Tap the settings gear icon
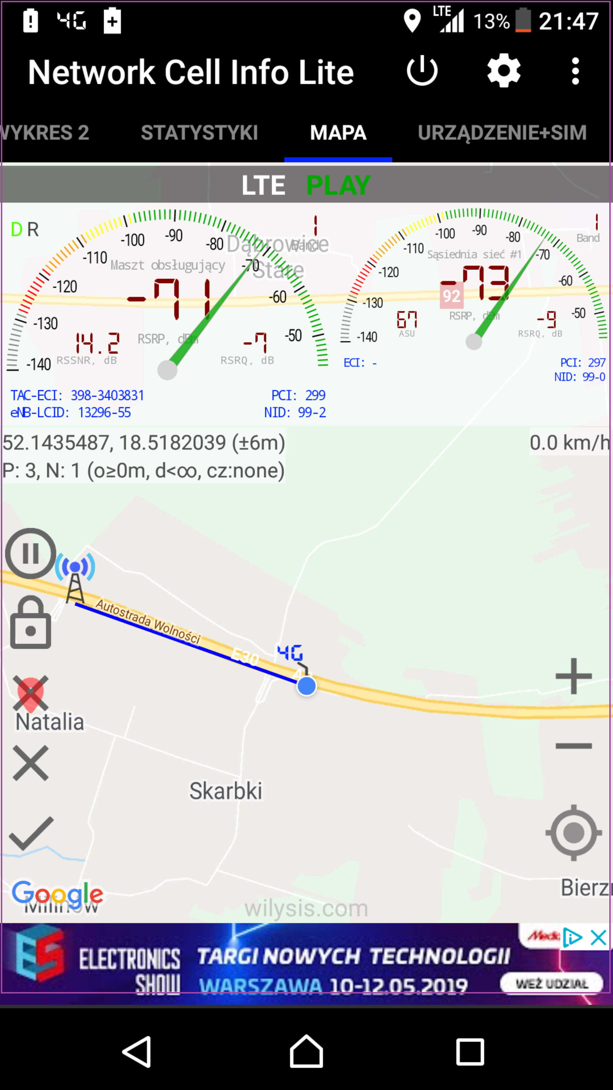[503, 71]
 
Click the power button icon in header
[422, 71]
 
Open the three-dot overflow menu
[575, 71]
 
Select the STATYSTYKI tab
[199, 133]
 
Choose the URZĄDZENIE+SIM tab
[502, 133]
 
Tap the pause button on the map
[30, 554]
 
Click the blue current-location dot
[306, 686]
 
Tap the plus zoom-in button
[573, 676]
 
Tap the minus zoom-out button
[573, 746]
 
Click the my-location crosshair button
[573, 833]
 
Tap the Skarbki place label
[226, 791]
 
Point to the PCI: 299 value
[298, 395]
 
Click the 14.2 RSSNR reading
[98, 343]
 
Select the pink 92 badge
[452, 296]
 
